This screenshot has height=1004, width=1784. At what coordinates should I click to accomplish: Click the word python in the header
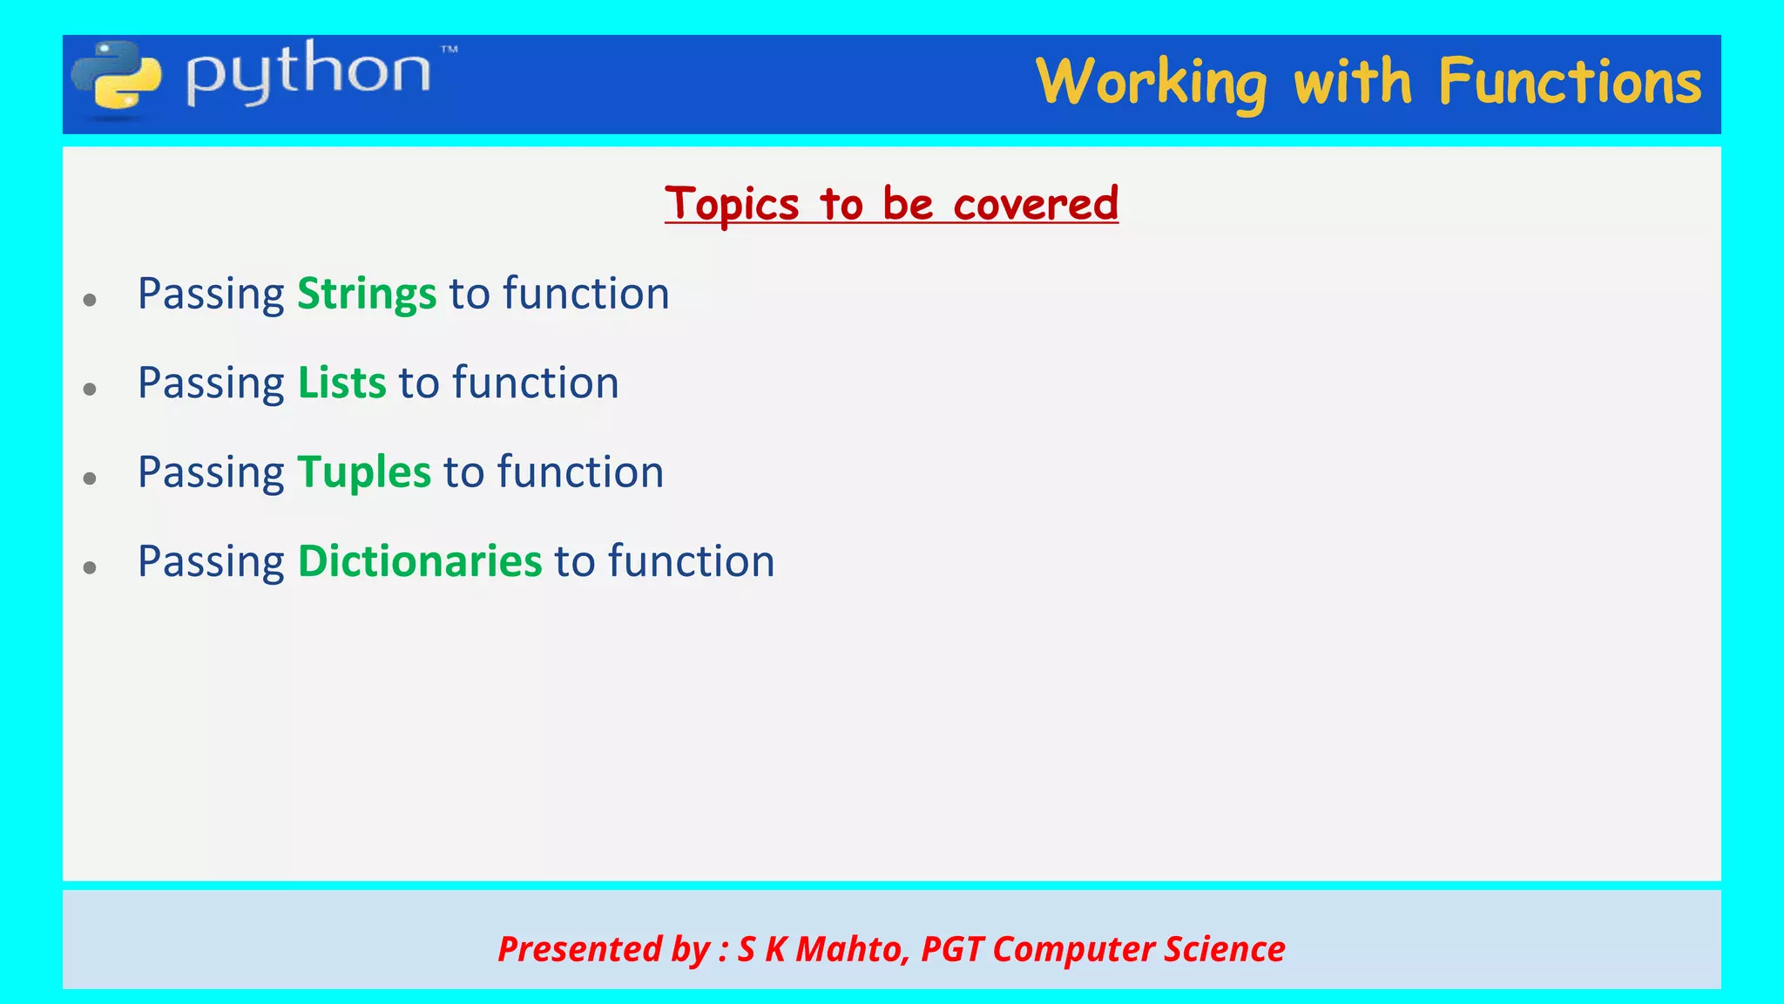click(308, 74)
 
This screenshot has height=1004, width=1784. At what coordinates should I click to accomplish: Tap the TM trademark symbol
click(449, 51)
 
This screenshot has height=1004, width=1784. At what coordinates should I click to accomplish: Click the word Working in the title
click(1151, 83)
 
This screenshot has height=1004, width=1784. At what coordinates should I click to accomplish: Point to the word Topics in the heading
click(732, 205)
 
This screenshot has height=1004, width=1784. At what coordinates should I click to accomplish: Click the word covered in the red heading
click(1036, 205)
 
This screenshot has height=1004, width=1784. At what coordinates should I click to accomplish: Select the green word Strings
click(367, 294)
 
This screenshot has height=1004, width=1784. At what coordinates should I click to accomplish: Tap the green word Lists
click(341, 383)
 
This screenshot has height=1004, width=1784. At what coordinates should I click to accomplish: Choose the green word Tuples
click(364, 472)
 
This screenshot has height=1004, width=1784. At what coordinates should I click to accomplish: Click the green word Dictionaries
click(420, 561)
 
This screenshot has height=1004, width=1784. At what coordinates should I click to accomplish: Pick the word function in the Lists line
click(536, 383)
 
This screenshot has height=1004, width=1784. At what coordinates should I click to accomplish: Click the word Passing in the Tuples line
click(211, 472)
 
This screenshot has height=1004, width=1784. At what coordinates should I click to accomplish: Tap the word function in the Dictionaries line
click(691, 561)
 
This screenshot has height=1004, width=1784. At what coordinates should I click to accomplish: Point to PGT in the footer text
click(951, 949)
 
